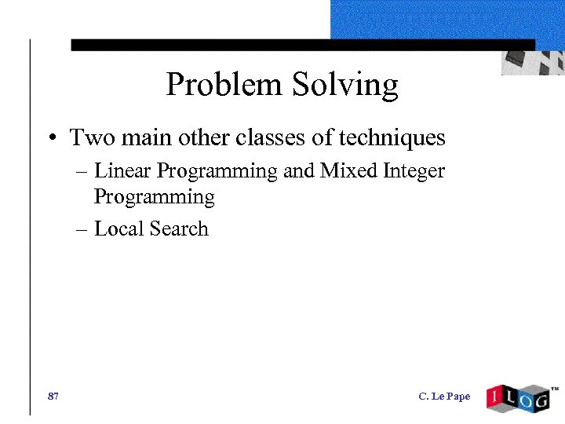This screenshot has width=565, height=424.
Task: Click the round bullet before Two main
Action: pos(50,139)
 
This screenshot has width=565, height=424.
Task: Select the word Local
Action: pos(118,229)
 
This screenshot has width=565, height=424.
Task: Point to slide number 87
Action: pos(53,397)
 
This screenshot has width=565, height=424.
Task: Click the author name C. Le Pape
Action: pos(444,397)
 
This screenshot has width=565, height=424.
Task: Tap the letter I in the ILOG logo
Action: pos(496,397)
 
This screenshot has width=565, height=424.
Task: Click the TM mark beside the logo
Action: pos(555,388)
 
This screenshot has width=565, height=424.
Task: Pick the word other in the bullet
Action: pos(204,138)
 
